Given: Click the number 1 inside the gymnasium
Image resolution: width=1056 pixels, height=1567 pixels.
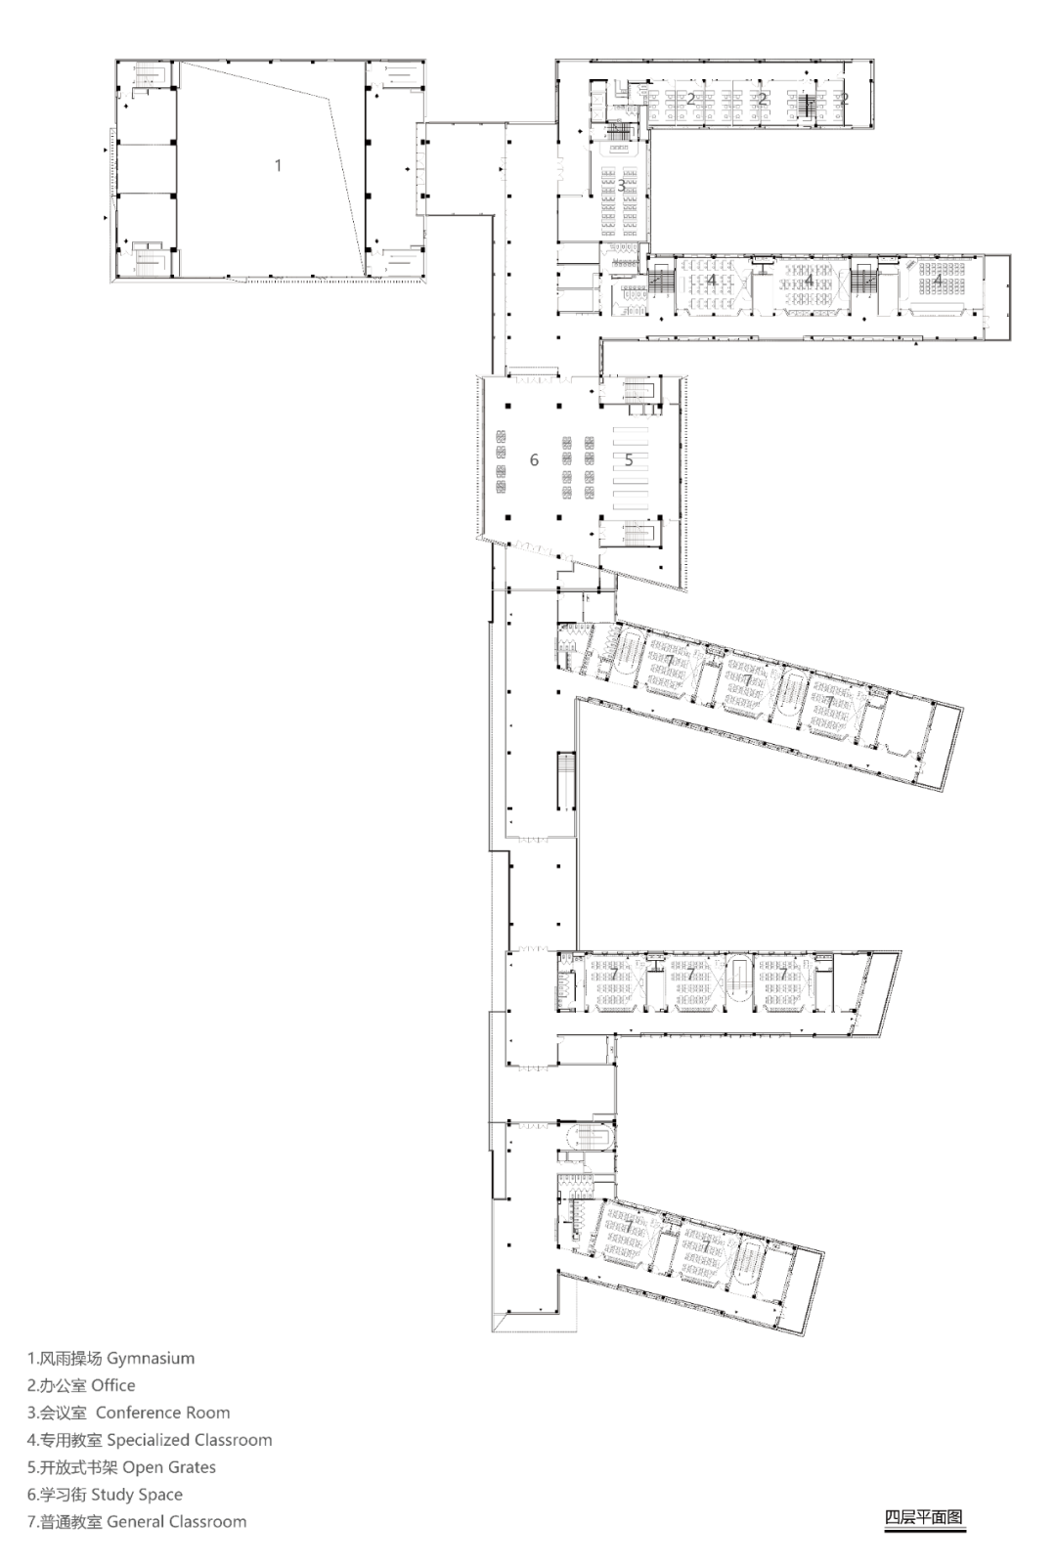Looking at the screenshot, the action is (278, 166).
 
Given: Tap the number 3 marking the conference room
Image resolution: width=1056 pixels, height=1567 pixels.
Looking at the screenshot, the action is (621, 186).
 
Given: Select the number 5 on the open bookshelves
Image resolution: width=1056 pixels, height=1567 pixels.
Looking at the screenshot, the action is (629, 459).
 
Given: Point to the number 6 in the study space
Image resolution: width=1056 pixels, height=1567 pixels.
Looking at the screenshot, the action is (534, 459).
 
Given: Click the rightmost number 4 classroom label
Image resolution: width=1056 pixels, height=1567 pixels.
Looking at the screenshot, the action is (938, 281).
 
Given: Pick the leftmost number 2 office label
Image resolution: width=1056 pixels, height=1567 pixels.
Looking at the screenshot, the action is (690, 99).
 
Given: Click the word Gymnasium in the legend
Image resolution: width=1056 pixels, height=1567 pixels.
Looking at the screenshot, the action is (151, 1359).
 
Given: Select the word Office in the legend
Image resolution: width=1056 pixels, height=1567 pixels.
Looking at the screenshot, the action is (113, 1385).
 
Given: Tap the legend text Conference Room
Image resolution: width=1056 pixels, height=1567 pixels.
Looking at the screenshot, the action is (163, 1413).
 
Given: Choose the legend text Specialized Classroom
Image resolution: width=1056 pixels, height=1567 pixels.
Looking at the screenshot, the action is (190, 1440).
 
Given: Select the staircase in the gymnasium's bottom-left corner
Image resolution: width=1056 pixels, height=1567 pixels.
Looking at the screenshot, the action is (148, 259).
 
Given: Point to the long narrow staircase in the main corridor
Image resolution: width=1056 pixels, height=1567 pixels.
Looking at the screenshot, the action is (565, 781).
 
